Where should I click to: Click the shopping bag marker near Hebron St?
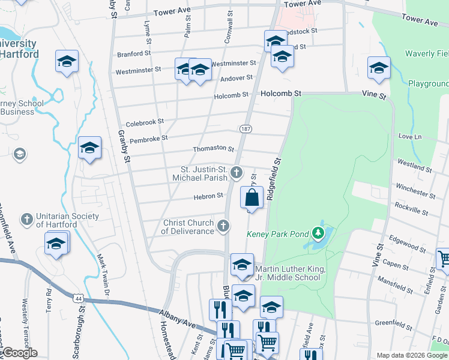pos(252,197)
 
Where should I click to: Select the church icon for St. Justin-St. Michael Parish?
pos(237,173)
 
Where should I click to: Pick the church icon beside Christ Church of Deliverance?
pos(223,226)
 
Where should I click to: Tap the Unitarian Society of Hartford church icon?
pos(26,220)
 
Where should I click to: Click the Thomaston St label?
pos(213,149)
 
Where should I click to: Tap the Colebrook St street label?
pos(145,122)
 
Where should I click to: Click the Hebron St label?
pos(208,196)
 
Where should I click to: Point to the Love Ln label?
pos(410,137)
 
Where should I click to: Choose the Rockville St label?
pos(411,209)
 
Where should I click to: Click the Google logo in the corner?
pos(19,353)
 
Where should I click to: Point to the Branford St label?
pos(133,53)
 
